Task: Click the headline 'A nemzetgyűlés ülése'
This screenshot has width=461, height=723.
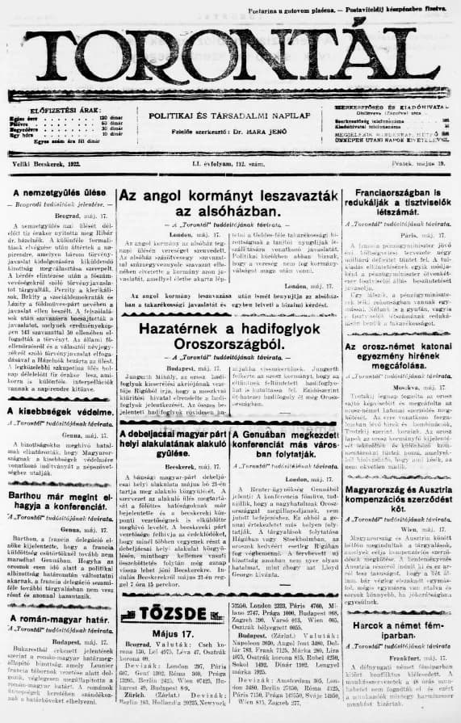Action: pos(60,194)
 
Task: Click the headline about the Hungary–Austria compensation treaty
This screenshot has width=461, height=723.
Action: pos(402,499)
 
